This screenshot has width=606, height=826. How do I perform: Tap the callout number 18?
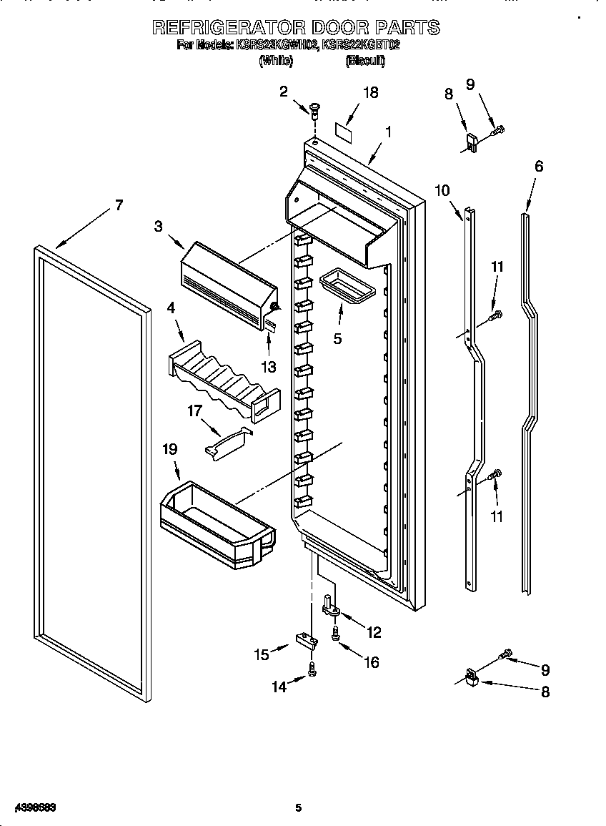[x=369, y=92]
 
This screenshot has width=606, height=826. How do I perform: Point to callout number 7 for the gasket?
[x=118, y=205]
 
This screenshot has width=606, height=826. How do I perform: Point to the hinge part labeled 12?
[x=331, y=607]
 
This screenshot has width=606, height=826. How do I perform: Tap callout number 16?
[x=372, y=662]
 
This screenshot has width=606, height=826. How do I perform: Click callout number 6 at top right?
[x=538, y=167]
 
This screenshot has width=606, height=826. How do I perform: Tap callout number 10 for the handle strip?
[x=442, y=190]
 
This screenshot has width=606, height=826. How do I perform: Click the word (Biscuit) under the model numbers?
[x=364, y=62]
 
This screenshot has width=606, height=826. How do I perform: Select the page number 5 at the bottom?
[x=299, y=807]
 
